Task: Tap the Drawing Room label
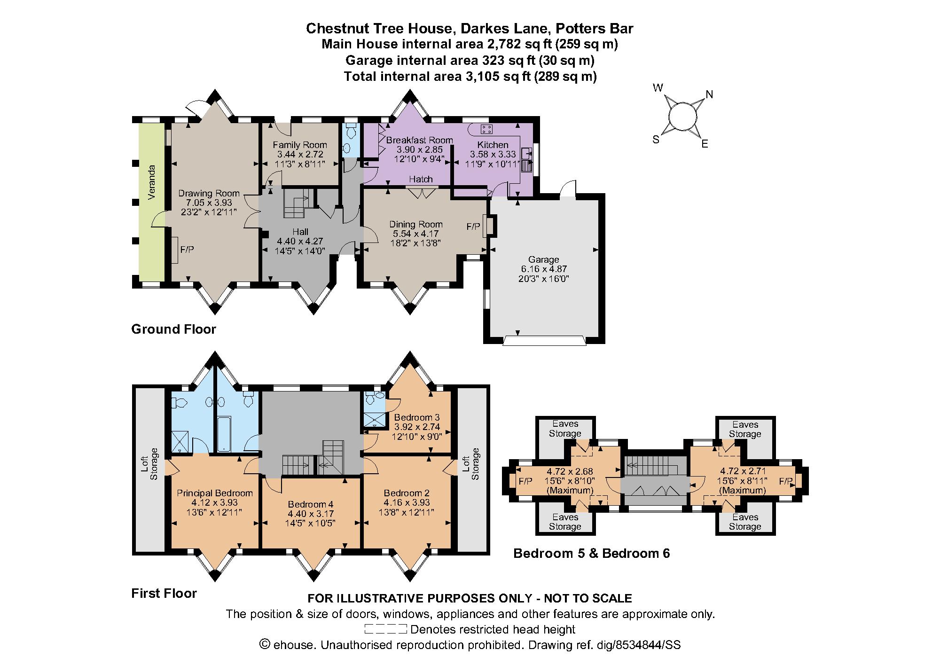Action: pos(209,193)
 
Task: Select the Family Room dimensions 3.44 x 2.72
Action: pos(299,154)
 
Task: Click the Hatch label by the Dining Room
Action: pos(421,179)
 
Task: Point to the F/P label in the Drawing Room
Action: pos(187,250)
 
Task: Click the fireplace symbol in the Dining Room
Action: pos(489,226)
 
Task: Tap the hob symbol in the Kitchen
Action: pos(486,128)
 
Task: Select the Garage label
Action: pos(543,259)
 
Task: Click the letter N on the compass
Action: pos(709,94)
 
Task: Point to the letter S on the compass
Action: pos(656,140)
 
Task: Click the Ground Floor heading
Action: pos(173,329)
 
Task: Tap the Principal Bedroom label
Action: pos(215,493)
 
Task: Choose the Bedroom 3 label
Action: pos(417,417)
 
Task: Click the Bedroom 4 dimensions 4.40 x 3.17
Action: pos(311,514)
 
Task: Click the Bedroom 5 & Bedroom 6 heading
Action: pos(591,553)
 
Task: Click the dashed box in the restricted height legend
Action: pos(385,629)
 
